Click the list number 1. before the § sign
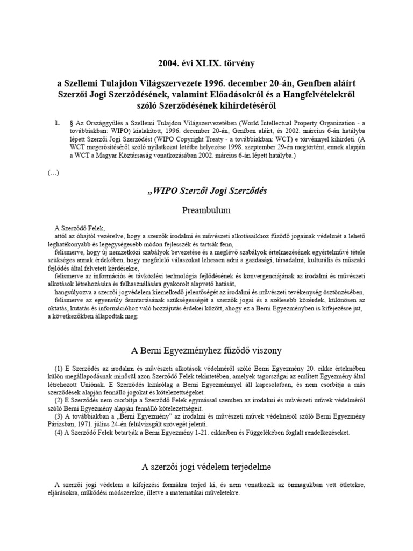[58, 123]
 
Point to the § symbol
[72, 123]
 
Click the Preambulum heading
[206, 209]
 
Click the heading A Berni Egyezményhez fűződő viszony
[206, 350]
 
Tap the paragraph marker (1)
[59, 368]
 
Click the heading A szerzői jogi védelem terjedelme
[206, 465]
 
